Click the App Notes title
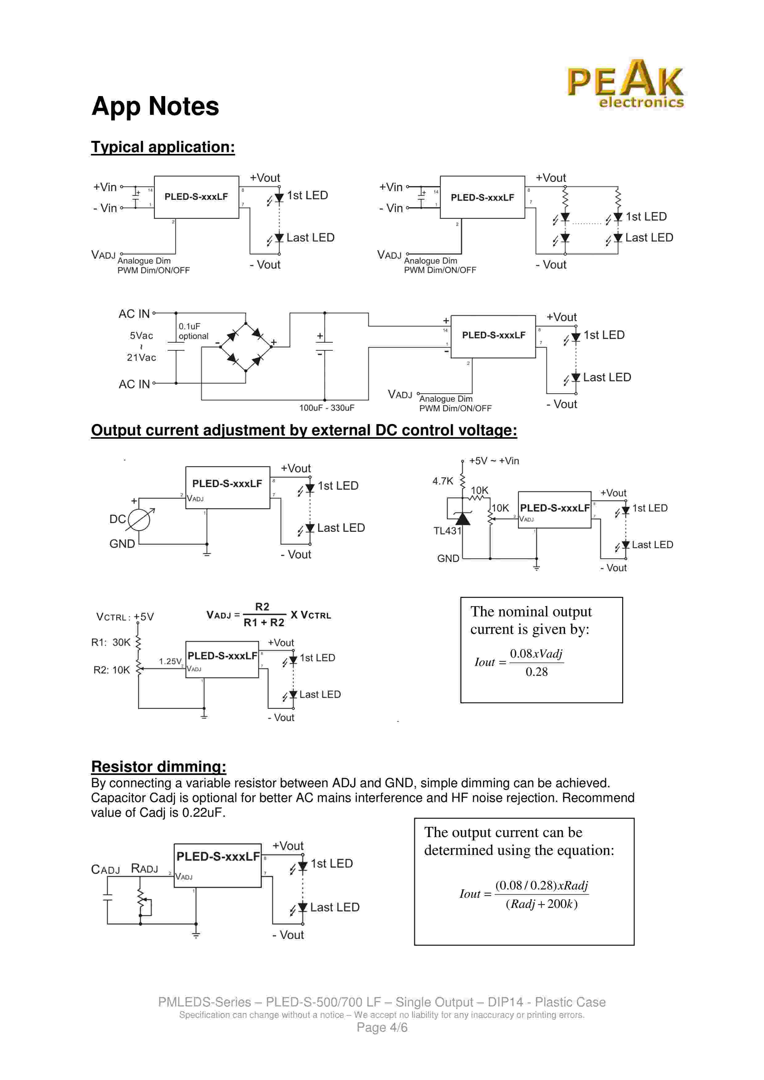click(155, 106)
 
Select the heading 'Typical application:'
click(163, 147)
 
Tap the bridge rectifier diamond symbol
click(246, 347)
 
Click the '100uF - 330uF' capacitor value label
click(327, 408)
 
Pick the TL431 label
click(447, 531)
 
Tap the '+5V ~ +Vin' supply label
click(494, 461)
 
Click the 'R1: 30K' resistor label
click(111, 643)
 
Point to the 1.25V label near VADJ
click(170, 661)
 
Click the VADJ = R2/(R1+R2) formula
click(268, 615)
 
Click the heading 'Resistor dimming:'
click(159, 767)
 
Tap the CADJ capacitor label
click(105, 870)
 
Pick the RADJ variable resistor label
click(144, 869)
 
